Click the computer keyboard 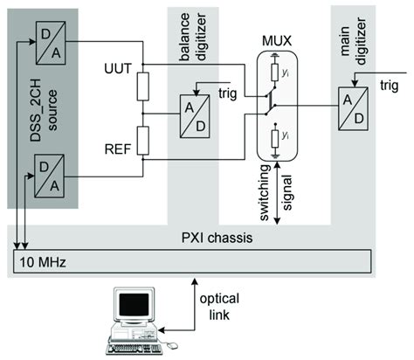pyautogui.click(x=136, y=346)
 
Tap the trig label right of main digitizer pyautogui.click(x=390, y=85)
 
